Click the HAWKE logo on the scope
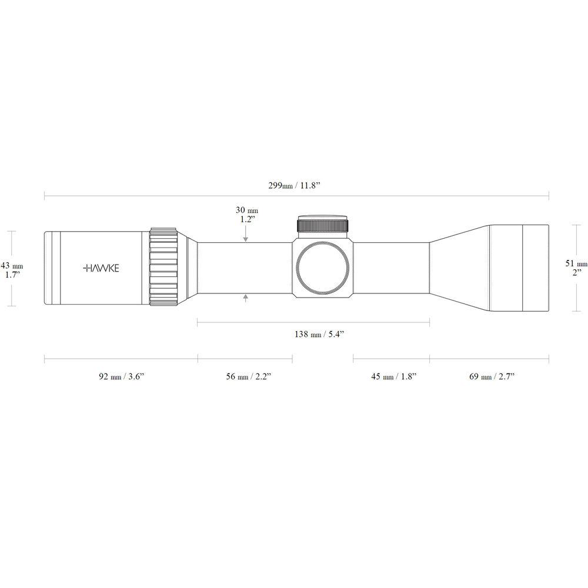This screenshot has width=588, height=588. [102, 268]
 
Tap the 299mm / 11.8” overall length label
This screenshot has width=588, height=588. [296, 185]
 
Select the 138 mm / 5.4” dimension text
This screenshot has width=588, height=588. [318, 335]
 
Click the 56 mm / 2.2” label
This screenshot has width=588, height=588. [249, 376]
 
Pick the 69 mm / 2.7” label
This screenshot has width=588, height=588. [492, 376]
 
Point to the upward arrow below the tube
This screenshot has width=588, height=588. [245, 300]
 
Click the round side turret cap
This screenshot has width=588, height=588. [323, 268]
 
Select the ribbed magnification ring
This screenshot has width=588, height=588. [163, 268]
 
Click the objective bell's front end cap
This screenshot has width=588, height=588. [535, 268]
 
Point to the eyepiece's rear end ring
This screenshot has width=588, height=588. [50, 268]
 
